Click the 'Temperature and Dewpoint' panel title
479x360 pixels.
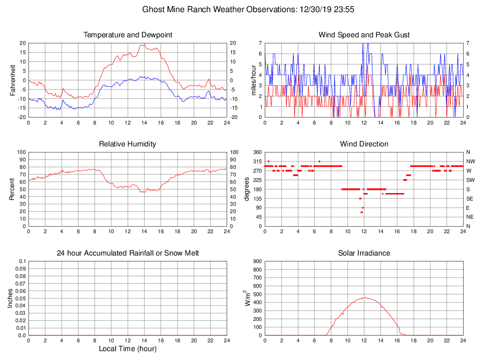128,35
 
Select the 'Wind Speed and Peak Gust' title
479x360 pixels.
364,35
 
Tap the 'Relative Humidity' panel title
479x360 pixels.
127,144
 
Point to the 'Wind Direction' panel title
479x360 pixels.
364,144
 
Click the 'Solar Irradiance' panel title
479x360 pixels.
364,253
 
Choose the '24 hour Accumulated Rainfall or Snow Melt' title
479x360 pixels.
128,253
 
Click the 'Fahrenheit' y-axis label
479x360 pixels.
13,80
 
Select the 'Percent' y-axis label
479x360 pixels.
13,189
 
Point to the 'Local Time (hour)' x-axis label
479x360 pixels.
127,349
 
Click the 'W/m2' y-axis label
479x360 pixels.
248,298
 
